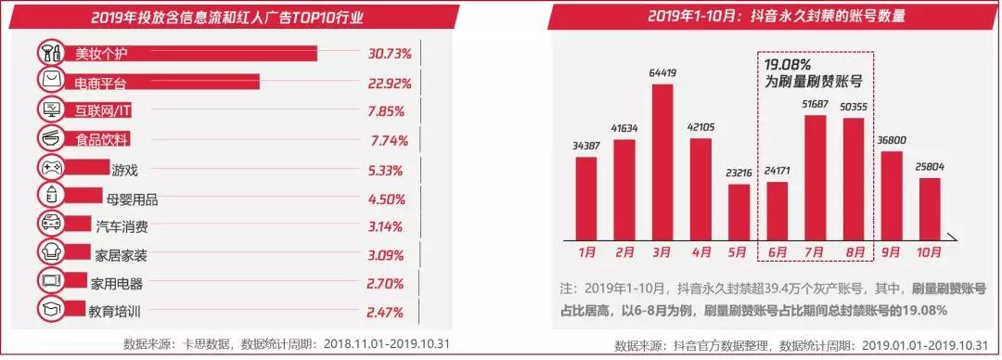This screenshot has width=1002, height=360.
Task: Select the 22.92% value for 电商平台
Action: point(388,83)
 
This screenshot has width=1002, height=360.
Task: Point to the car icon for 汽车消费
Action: point(49,224)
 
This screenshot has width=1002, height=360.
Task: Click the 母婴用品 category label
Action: point(133,198)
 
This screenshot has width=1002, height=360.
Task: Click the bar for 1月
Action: point(586,198)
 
